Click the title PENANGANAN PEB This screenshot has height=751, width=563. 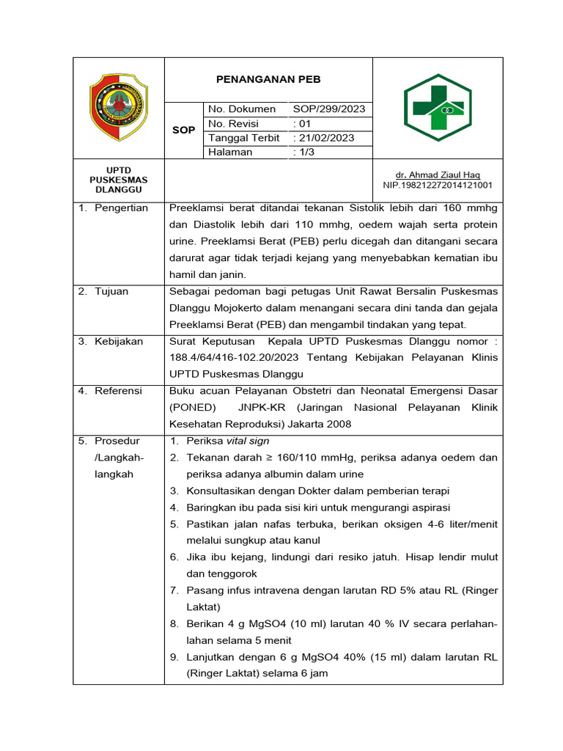point(268,79)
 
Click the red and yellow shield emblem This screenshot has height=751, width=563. point(118,108)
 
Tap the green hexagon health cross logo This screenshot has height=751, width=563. point(438,107)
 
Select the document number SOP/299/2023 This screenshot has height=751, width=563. point(328,109)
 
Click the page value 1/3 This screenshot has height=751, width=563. point(303,152)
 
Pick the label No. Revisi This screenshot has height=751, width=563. point(234,123)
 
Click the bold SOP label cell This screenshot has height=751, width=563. point(183,130)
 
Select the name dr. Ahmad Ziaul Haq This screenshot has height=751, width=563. point(438,175)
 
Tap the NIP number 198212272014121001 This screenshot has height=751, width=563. point(438,186)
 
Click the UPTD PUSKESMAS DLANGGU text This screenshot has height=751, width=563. point(118,180)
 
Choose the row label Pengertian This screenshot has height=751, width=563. point(121,208)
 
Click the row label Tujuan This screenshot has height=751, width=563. point(111,291)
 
